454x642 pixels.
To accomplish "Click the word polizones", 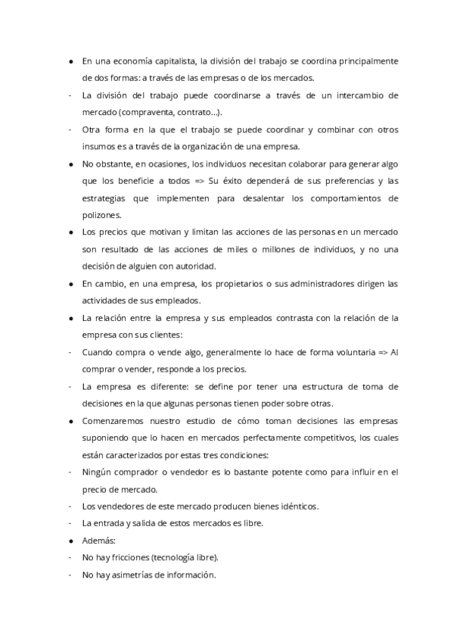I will (101, 216).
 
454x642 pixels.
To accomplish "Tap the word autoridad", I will (195, 266).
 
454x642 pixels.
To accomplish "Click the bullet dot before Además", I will (70, 541).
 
